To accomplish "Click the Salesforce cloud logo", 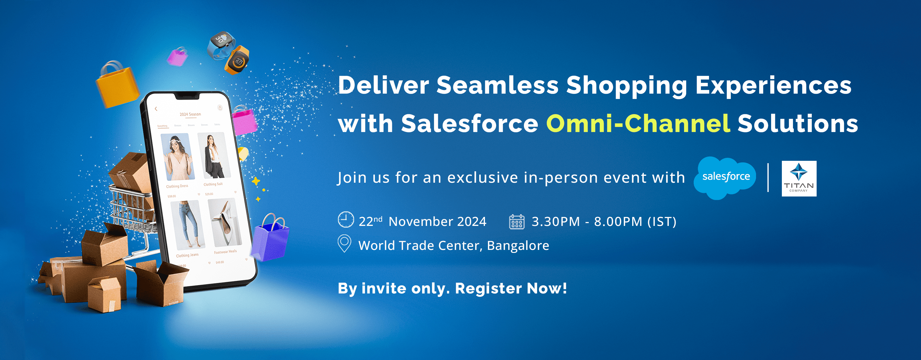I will (x=725, y=177).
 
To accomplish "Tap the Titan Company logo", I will (x=799, y=178).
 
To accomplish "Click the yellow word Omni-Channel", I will (x=638, y=124).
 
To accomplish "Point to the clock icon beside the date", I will (x=346, y=220).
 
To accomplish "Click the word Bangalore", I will (x=518, y=246).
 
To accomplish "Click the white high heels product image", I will (x=225, y=222).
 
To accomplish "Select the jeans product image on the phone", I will (x=187, y=224).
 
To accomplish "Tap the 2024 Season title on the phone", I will (x=190, y=114).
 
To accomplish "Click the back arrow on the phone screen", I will (x=156, y=109).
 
